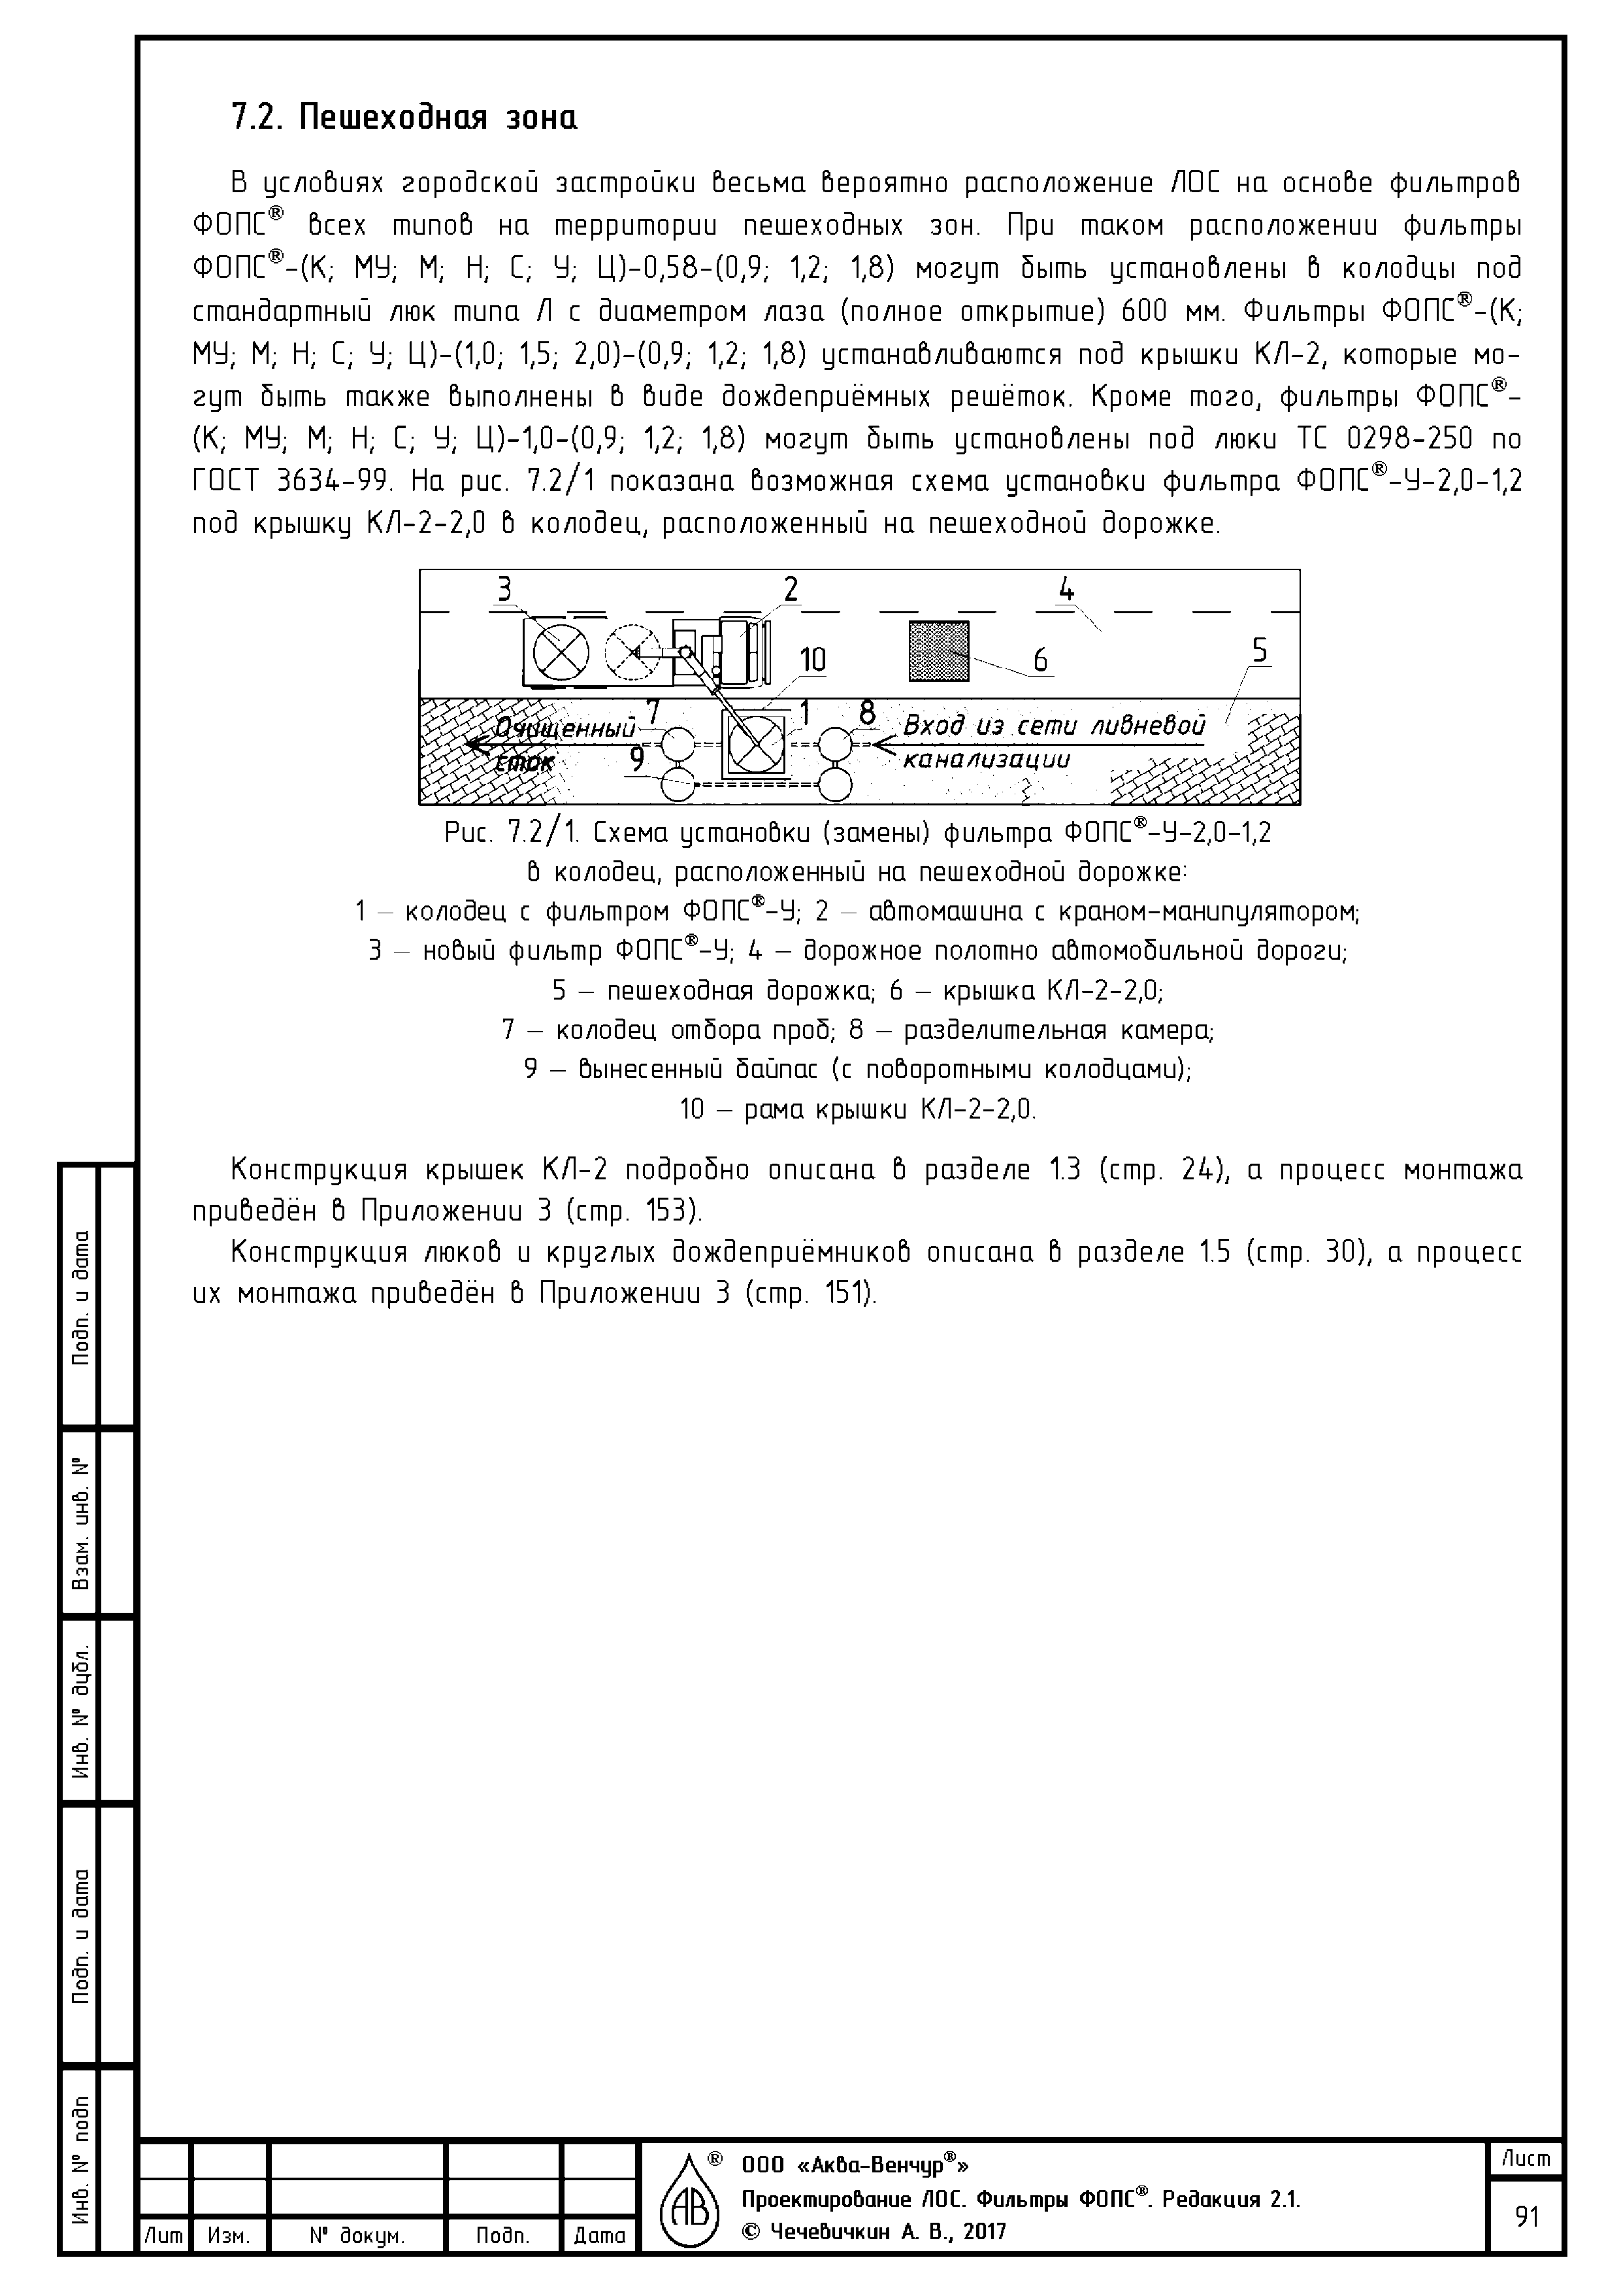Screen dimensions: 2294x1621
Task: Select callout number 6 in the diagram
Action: point(1040,660)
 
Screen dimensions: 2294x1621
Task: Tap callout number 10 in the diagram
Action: point(813,660)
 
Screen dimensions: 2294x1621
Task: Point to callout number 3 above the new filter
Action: point(504,590)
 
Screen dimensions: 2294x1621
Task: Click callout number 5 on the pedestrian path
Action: point(1260,650)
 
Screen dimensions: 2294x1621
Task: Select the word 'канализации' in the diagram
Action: point(986,760)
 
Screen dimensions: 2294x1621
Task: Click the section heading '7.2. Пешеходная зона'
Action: point(404,118)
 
